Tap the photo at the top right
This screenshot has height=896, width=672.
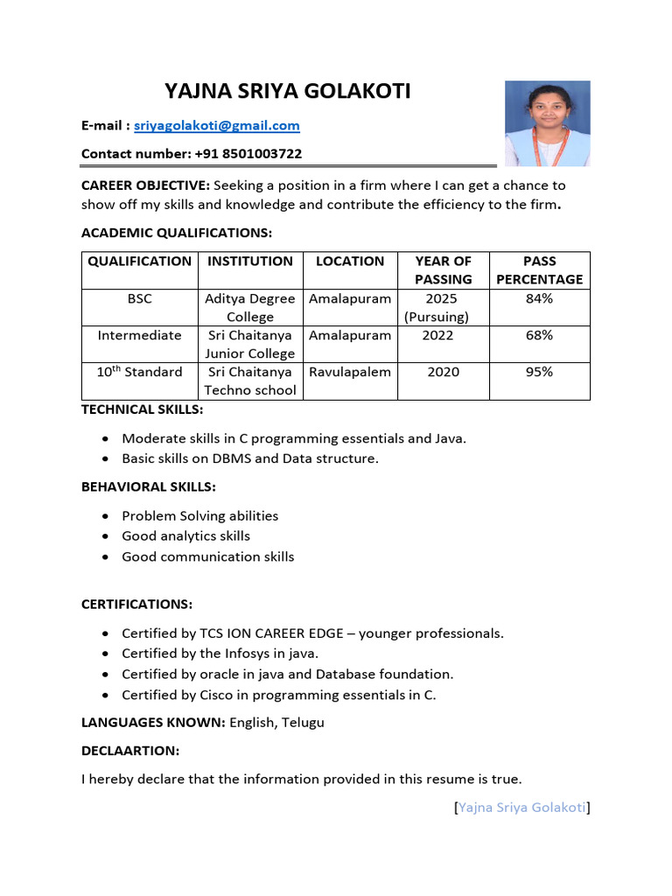[x=548, y=123]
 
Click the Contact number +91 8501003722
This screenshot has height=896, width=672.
[x=192, y=154]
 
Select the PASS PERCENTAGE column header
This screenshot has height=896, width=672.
[x=539, y=270]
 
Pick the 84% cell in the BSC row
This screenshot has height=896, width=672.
[x=539, y=299]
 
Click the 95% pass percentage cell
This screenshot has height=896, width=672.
[x=539, y=372]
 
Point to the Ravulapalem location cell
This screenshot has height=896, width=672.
[x=350, y=372]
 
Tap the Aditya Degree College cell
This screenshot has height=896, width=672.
[x=250, y=308]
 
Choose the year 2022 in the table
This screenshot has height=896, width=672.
[x=443, y=335]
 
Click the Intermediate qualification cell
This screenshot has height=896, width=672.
[x=140, y=335]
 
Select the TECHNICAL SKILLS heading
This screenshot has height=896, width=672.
[x=142, y=409]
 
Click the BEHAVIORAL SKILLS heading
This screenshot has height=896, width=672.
[x=148, y=486]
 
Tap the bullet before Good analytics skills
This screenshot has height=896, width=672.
[x=106, y=536]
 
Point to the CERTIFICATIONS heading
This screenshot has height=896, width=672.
[x=136, y=605]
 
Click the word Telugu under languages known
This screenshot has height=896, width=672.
[x=303, y=723]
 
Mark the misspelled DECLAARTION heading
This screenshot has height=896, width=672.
[x=130, y=751]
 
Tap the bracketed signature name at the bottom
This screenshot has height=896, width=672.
[x=521, y=808]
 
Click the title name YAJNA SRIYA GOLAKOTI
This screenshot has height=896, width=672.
[x=288, y=91]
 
